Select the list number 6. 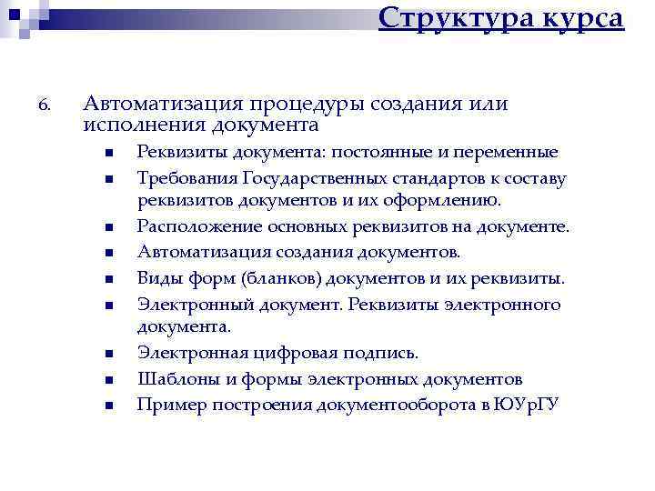click(x=45, y=107)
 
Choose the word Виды click(x=157, y=278)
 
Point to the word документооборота click(x=393, y=404)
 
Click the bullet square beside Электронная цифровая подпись click(x=106, y=353)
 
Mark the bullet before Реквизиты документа click(x=106, y=154)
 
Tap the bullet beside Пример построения click(x=106, y=406)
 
